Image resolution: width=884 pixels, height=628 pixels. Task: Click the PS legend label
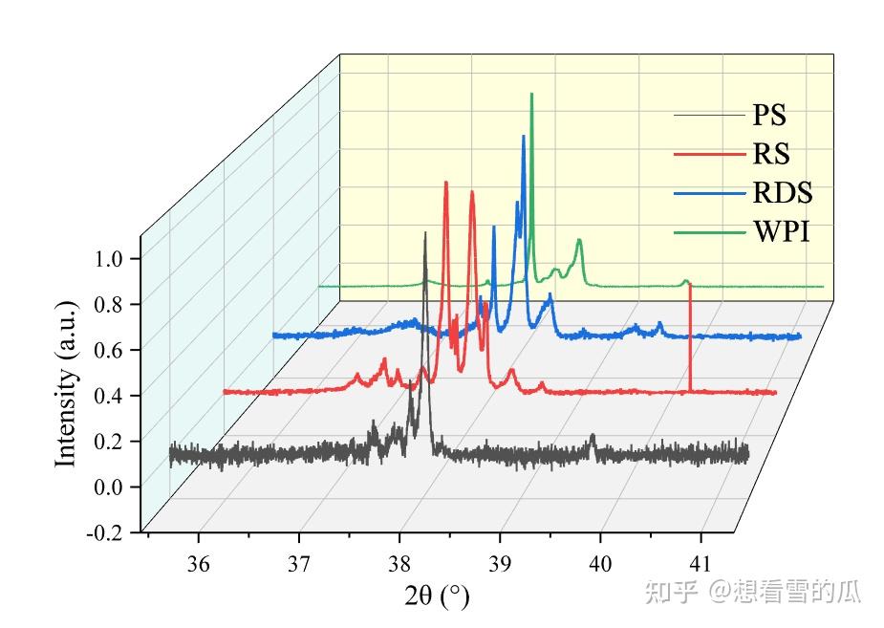[x=769, y=116]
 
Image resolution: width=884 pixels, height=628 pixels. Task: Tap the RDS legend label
[x=782, y=193]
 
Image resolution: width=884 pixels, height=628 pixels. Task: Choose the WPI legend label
[x=781, y=232]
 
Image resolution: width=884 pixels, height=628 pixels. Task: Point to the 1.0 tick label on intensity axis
[x=114, y=258]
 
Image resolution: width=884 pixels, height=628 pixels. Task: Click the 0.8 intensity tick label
[x=114, y=304]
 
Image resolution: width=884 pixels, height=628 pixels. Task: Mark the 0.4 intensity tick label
[x=114, y=396]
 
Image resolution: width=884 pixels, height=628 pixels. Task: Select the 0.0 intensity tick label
[x=114, y=487]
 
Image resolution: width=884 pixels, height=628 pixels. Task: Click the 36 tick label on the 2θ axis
[x=199, y=561]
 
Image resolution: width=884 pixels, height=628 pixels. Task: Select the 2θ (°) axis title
[x=438, y=596]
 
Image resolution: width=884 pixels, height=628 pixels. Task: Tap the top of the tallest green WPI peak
[x=531, y=95]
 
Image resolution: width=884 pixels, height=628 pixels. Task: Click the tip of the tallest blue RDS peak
[x=523, y=137]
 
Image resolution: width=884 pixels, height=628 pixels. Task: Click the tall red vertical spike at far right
[x=690, y=335]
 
